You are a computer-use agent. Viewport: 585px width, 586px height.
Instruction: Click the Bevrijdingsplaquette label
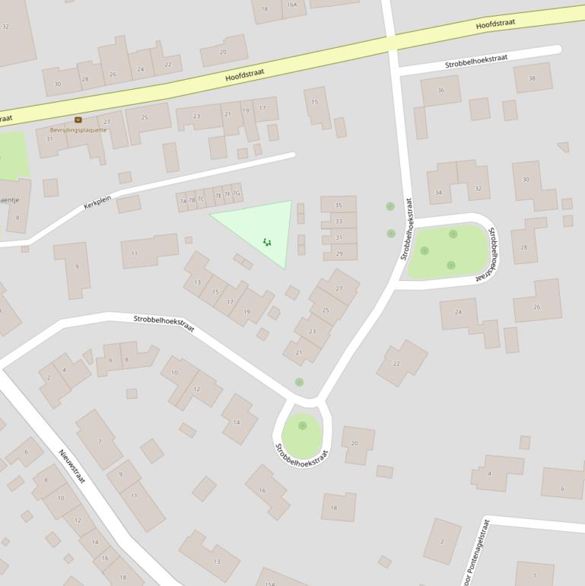(x=78, y=130)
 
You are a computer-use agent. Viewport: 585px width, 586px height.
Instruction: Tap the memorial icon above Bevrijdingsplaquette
(x=78, y=119)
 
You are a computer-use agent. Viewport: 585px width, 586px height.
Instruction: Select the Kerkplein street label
(x=97, y=204)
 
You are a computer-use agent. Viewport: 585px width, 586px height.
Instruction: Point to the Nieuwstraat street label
(x=72, y=467)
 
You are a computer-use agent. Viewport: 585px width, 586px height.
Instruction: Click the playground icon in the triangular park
(x=267, y=242)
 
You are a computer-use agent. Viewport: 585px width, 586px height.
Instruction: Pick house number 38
(x=532, y=78)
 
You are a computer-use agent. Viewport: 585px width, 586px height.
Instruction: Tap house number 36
(x=441, y=91)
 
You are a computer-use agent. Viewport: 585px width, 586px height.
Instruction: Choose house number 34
(x=438, y=193)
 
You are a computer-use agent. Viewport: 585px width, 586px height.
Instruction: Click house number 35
(x=339, y=205)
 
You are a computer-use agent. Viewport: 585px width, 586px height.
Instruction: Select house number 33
(x=339, y=221)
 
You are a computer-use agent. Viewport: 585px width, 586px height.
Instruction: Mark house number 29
(x=339, y=254)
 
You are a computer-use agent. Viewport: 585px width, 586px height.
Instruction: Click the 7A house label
(x=183, y=202)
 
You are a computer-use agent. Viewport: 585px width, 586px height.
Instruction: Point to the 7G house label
(x=236, y=193)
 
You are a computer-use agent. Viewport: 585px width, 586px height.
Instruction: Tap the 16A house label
(x=291, y=5)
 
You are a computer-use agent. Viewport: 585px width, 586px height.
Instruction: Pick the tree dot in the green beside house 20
(x=302, y=425)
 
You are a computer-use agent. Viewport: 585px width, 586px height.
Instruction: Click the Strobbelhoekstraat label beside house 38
(x=475, y=61)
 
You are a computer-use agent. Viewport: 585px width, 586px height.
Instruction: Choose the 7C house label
(x=201, y=199)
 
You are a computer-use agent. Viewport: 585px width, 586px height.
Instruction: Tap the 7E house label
(x=218, y=196)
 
